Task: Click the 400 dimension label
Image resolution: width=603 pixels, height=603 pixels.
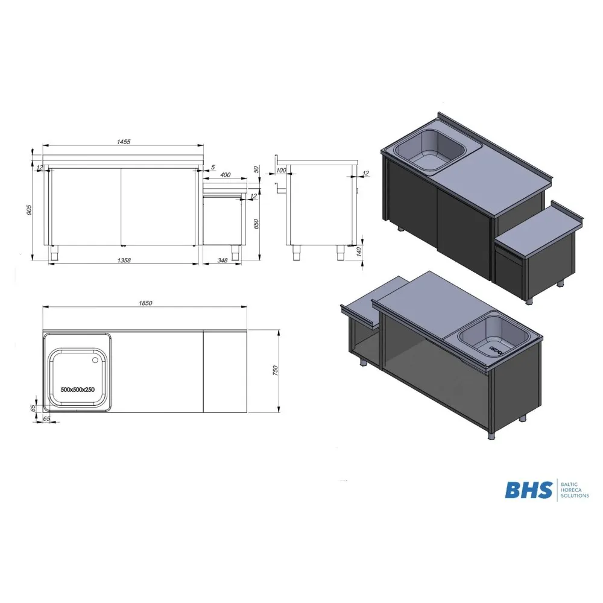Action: [225, 175]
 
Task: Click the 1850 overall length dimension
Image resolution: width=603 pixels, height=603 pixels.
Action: [144, 303]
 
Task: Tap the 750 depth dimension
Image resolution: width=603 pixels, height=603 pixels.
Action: [275, 371]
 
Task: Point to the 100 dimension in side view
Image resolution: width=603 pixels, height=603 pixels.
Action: [280, 171]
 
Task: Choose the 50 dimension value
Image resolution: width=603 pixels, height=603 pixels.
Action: [256, 170]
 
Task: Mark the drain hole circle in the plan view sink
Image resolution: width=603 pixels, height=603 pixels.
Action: [95, 361]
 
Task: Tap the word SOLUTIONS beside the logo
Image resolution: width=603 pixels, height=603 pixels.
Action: [575, 496]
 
